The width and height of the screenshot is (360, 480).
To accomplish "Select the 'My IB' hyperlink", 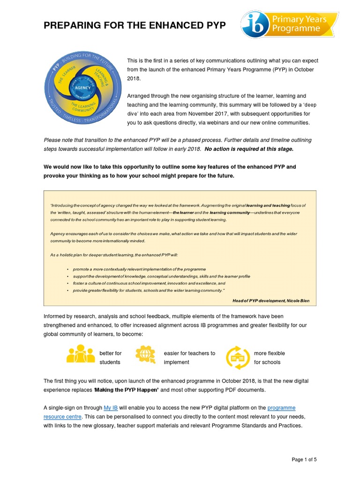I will pos(111,408).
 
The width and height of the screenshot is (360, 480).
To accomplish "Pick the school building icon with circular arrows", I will pos(238,358).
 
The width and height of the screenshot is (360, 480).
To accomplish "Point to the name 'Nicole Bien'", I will pos(297,300).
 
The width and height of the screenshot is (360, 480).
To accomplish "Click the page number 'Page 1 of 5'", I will pos(304,460).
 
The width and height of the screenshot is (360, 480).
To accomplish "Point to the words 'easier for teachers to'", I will pos(189,353).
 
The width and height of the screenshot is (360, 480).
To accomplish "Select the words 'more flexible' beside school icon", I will pos(269,353).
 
